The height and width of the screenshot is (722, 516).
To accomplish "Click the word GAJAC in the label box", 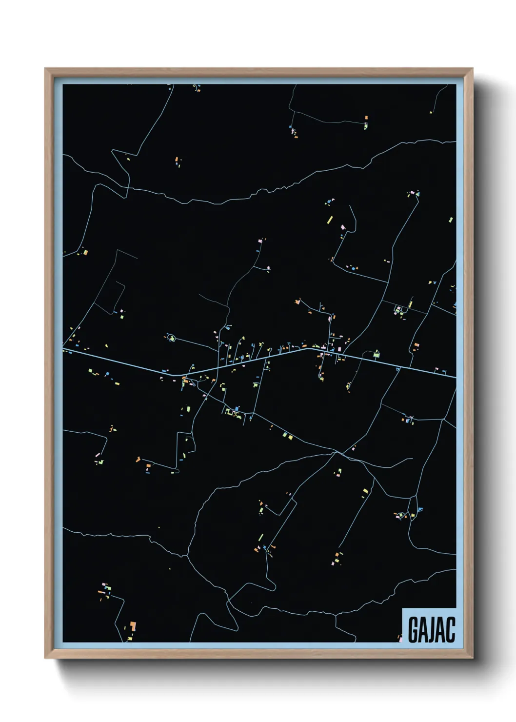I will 431,630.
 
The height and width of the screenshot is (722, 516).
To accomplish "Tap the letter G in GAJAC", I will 413,630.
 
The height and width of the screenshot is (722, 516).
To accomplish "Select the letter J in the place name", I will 432,630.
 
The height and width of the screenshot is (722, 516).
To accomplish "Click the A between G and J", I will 422,630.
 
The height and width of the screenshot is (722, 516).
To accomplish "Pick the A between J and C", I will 441,630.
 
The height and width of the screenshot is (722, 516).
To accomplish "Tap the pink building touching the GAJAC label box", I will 400,639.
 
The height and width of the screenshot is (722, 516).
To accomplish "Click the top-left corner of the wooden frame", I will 46,69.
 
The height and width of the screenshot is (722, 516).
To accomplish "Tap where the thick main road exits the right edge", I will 455,377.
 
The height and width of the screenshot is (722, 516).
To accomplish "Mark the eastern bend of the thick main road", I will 307,348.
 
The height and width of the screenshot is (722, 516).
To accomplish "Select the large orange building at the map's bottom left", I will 132,625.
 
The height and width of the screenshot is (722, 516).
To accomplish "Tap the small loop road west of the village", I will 171,338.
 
